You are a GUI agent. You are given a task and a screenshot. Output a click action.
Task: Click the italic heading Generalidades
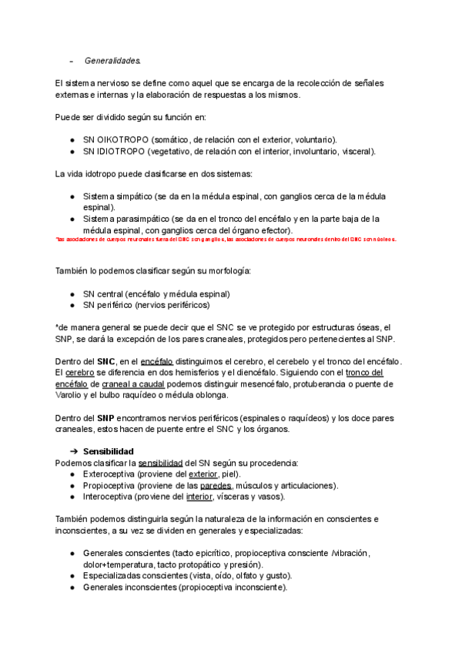112,59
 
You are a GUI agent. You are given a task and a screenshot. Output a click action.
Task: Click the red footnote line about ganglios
226,239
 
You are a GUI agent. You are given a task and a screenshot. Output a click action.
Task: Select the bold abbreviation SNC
105,361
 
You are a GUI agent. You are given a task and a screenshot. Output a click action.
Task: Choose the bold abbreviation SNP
105,417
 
